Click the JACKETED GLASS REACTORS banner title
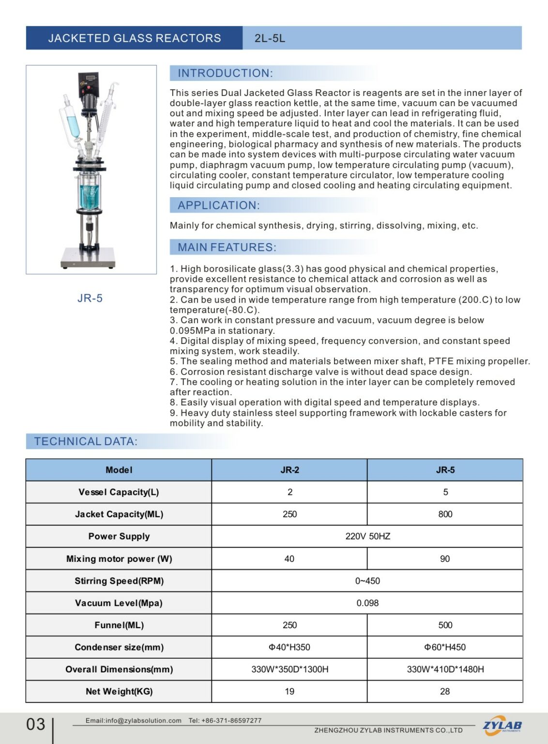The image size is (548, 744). [134, 38]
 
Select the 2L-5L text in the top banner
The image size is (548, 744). [270, 38]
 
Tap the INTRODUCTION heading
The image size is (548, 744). [225, 73]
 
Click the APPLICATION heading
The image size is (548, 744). [218, 205]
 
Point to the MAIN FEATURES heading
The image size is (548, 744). [227, 248]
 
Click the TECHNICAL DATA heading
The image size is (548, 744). [86, 441]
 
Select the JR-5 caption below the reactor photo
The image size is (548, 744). [90, 298]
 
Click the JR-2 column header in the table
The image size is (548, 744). [289, 470]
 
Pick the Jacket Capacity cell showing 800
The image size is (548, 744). [445, 514]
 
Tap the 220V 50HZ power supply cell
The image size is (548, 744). [367, 537]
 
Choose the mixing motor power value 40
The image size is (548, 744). [289, 559]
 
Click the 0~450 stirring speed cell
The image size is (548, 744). [367, 581]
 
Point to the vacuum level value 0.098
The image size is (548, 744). [367, 604]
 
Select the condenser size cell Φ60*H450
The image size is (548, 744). [445, 648]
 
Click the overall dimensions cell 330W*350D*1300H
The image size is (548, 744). [289, 669]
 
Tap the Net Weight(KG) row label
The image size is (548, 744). [119, 692]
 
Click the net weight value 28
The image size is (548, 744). [445, 692]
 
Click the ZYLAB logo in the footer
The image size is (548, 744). [502, 726]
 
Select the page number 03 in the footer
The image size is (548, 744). [36, 725]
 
